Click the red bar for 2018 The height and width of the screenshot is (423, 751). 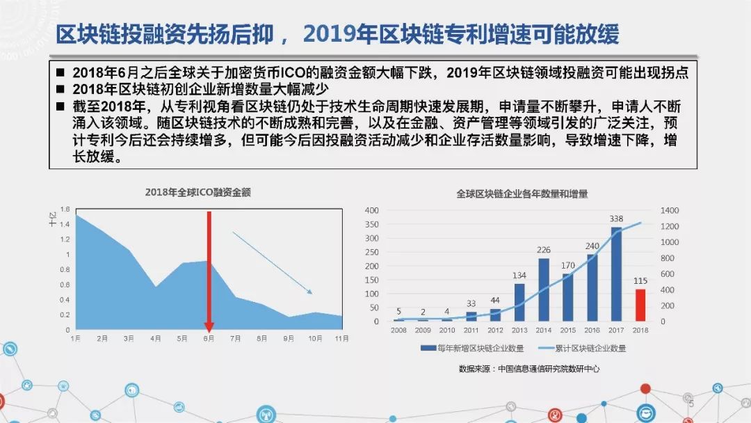640,305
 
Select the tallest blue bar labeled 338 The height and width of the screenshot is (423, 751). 616,274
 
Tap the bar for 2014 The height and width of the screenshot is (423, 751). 544,290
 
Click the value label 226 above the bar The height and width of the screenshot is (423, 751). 544,250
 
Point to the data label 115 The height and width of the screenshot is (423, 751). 640,280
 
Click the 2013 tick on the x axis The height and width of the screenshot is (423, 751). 519,330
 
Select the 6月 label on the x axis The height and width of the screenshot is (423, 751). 209,338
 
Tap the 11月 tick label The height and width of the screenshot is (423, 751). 341,338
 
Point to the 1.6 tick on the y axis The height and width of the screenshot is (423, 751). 65,209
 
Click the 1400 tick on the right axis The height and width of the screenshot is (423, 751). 669,210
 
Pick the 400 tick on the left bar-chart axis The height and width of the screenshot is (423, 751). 371,210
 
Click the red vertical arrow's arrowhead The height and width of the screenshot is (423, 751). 209,327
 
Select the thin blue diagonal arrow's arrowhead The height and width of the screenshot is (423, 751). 309,292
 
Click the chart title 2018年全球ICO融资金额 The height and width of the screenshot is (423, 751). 197,192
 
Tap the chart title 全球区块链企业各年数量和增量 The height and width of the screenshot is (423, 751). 522,193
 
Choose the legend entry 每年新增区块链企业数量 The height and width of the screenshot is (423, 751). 472,349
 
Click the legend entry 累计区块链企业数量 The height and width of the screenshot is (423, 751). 582,349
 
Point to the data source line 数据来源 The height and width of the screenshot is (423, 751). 528,369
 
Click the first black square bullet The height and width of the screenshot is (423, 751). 60,72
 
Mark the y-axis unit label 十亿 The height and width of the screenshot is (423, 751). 53,219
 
